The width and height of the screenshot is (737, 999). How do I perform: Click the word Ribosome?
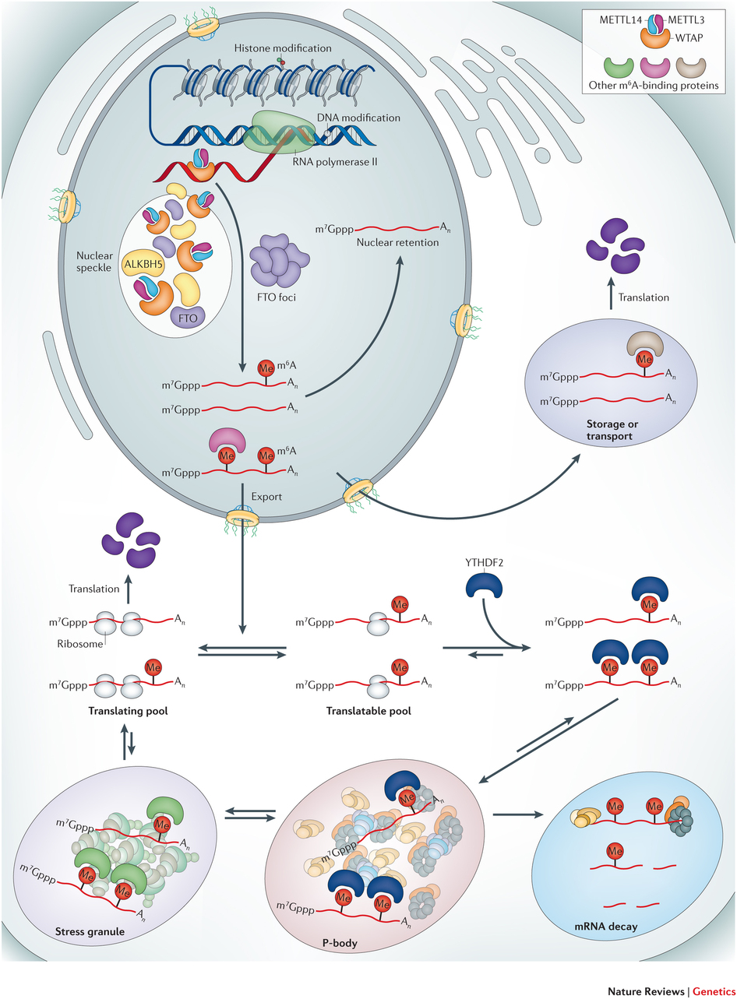click(x=76, y=643)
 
